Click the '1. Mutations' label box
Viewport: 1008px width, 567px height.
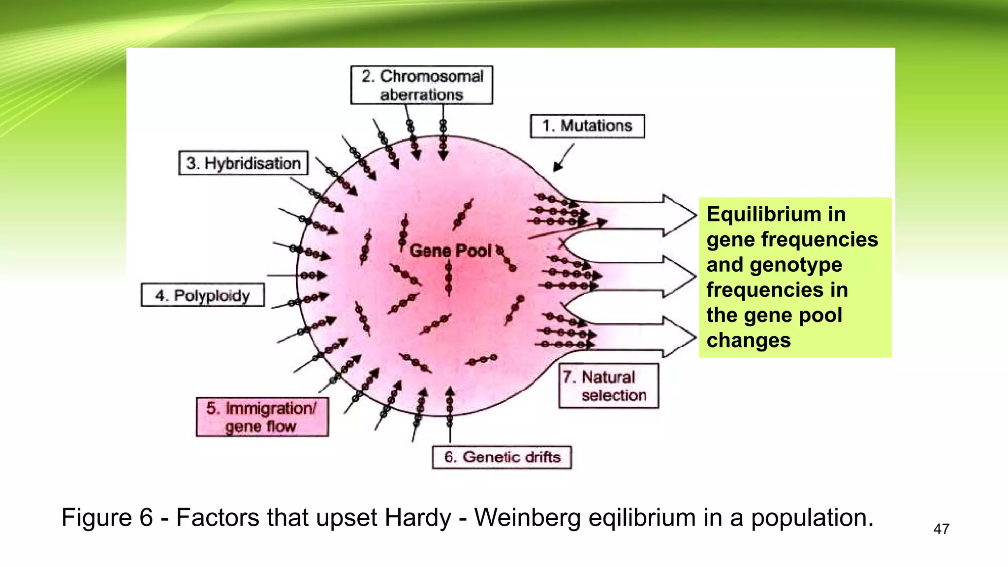pos(587,126)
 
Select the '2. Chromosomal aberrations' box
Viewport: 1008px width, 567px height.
pos(422,85)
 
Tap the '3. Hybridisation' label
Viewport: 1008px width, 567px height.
pos(243,163)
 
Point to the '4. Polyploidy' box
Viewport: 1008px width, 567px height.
pos(202,295)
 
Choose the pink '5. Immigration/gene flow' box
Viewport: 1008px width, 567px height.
pos(262,417)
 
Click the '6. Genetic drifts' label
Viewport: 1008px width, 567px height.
pos(502,457)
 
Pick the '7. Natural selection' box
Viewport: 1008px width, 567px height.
pos(608,386)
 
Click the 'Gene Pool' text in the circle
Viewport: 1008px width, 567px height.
pos(450,251)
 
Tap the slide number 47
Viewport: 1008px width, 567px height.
pos(941,529)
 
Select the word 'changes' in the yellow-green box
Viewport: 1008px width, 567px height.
pos(749,340)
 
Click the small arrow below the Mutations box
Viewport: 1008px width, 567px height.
pos(563,158)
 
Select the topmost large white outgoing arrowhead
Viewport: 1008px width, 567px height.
pos(679,215)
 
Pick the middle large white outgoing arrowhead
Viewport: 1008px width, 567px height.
pos(679,276)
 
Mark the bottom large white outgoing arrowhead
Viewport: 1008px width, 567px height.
pos(679,337)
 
